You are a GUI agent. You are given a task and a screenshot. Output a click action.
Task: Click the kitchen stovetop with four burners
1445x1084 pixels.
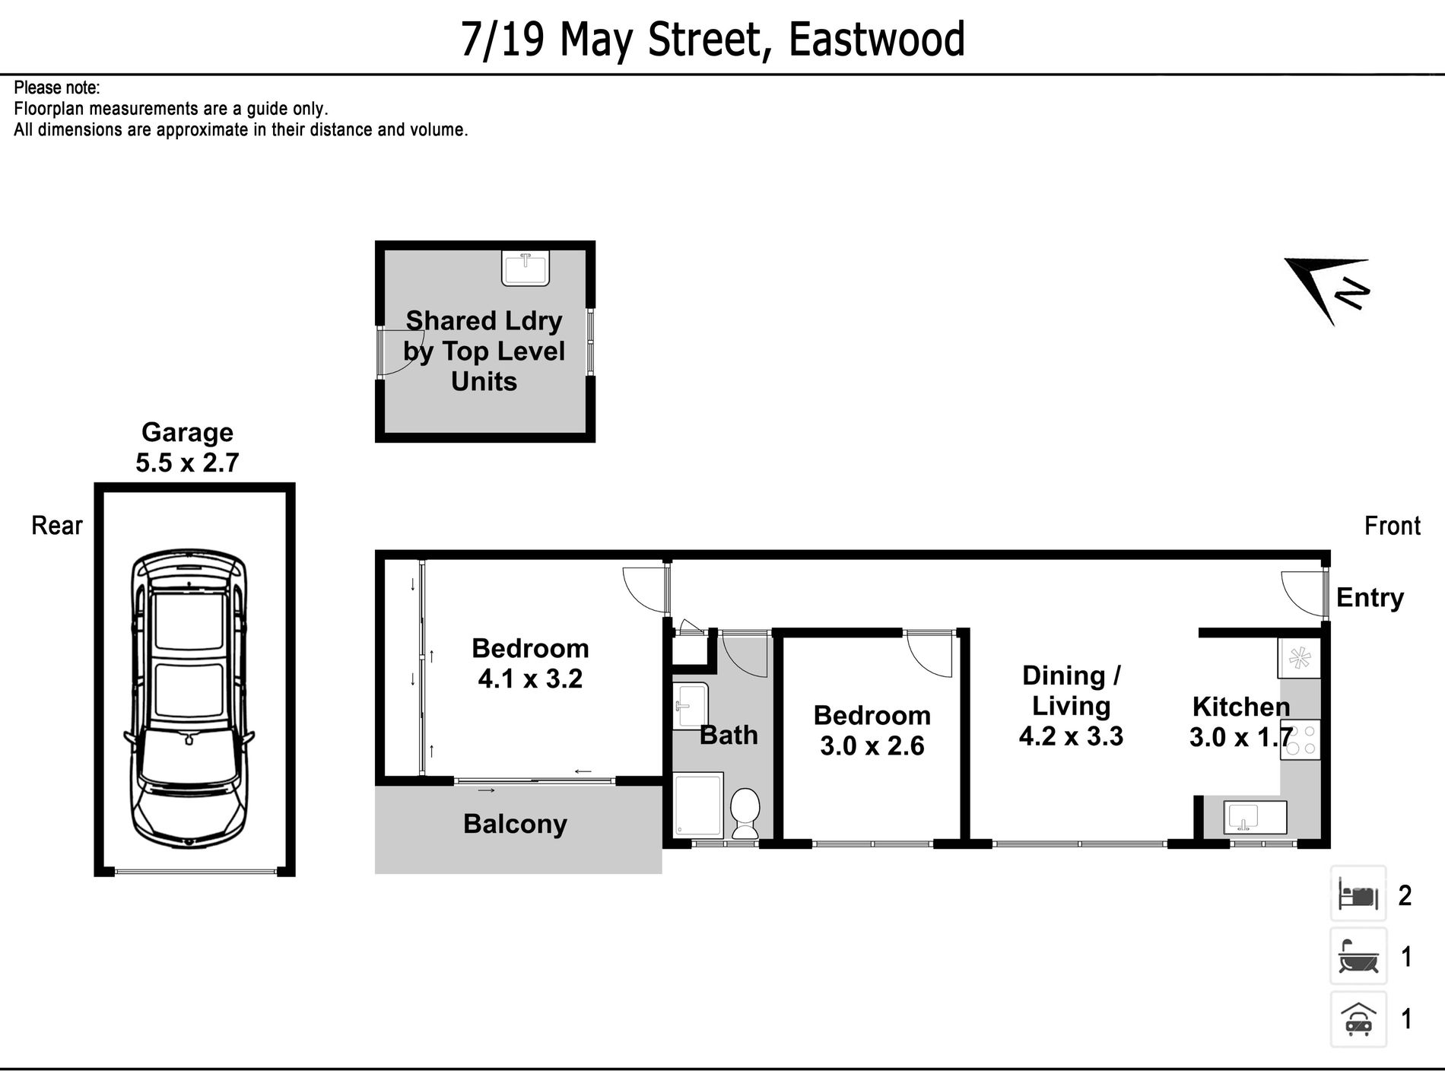pos(1300,740)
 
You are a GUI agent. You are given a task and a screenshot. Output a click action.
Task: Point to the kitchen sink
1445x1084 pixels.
pos(1255,818)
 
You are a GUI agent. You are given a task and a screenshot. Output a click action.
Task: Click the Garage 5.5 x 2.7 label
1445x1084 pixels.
pos(187,447)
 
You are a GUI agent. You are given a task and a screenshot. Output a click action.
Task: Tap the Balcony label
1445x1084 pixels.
pos(515,824)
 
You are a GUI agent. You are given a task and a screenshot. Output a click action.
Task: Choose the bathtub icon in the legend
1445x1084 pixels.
pos(1358,956)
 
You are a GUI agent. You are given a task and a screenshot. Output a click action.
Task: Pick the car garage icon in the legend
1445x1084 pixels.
pos(1358,1019)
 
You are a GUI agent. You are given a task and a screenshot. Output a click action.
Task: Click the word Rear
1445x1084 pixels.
pos(56,526)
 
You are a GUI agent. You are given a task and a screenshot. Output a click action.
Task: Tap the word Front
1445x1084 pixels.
pos(1392,526)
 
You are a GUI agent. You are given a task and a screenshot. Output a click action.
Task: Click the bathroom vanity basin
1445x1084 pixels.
pos(690,705)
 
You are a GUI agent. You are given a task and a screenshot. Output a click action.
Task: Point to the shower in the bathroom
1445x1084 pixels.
pos(697,806)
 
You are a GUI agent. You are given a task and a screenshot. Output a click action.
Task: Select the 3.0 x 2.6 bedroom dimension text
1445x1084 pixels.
pos(872,746)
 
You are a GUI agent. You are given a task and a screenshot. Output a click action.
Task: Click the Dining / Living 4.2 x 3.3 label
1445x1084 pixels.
pos(1071,706)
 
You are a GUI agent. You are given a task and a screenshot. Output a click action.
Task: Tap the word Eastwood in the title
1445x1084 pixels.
pos(876,40)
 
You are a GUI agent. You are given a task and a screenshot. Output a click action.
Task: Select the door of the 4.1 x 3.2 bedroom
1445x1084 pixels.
pos(643,588)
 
